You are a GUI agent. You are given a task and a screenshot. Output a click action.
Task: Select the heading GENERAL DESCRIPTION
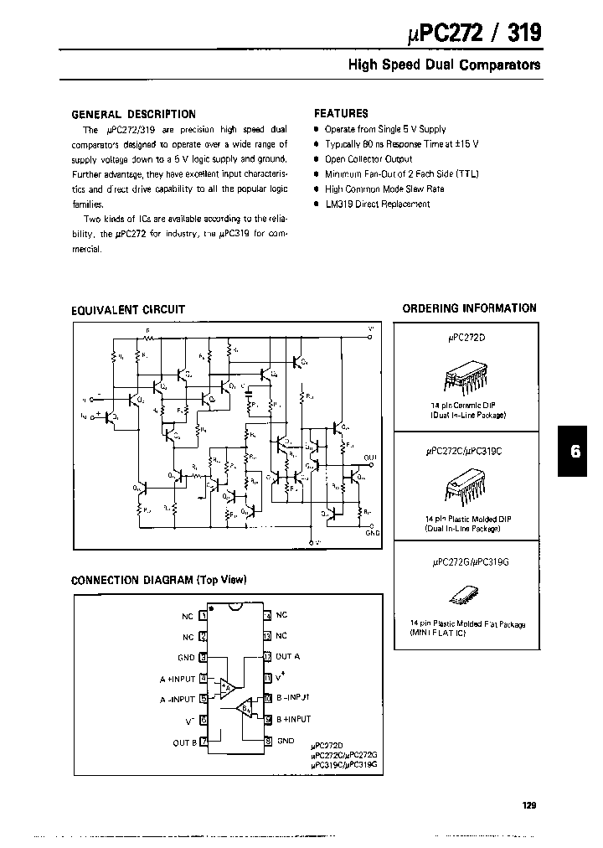click(x=133, y=114)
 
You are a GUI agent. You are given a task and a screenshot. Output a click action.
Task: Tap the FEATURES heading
click(x=341, y=113)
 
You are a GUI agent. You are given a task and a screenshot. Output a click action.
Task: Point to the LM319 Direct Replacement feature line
click(x=377, y=204)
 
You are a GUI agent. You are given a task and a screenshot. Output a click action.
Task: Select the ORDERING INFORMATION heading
click(x=469, y=308)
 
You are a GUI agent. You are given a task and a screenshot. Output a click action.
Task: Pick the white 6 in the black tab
click(x=575, y=451)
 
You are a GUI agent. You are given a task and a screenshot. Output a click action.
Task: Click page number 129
click(x=528, y=805)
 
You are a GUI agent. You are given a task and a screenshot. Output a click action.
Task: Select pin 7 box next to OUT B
click(x=204, y=742)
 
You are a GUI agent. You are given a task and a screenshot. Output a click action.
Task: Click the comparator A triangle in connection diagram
click(x=227, y=688)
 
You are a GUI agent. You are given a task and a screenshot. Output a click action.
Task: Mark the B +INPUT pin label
click(x=292, y=719)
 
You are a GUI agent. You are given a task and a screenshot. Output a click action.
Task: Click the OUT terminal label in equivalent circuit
click(x=370, y=458)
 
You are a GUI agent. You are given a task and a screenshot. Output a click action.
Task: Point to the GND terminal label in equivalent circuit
click(x=373, y=531)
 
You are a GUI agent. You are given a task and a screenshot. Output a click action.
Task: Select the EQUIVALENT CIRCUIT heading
click(x=128, y=310)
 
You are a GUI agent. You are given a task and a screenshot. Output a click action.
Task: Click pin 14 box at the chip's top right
click(x=267, y=616)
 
